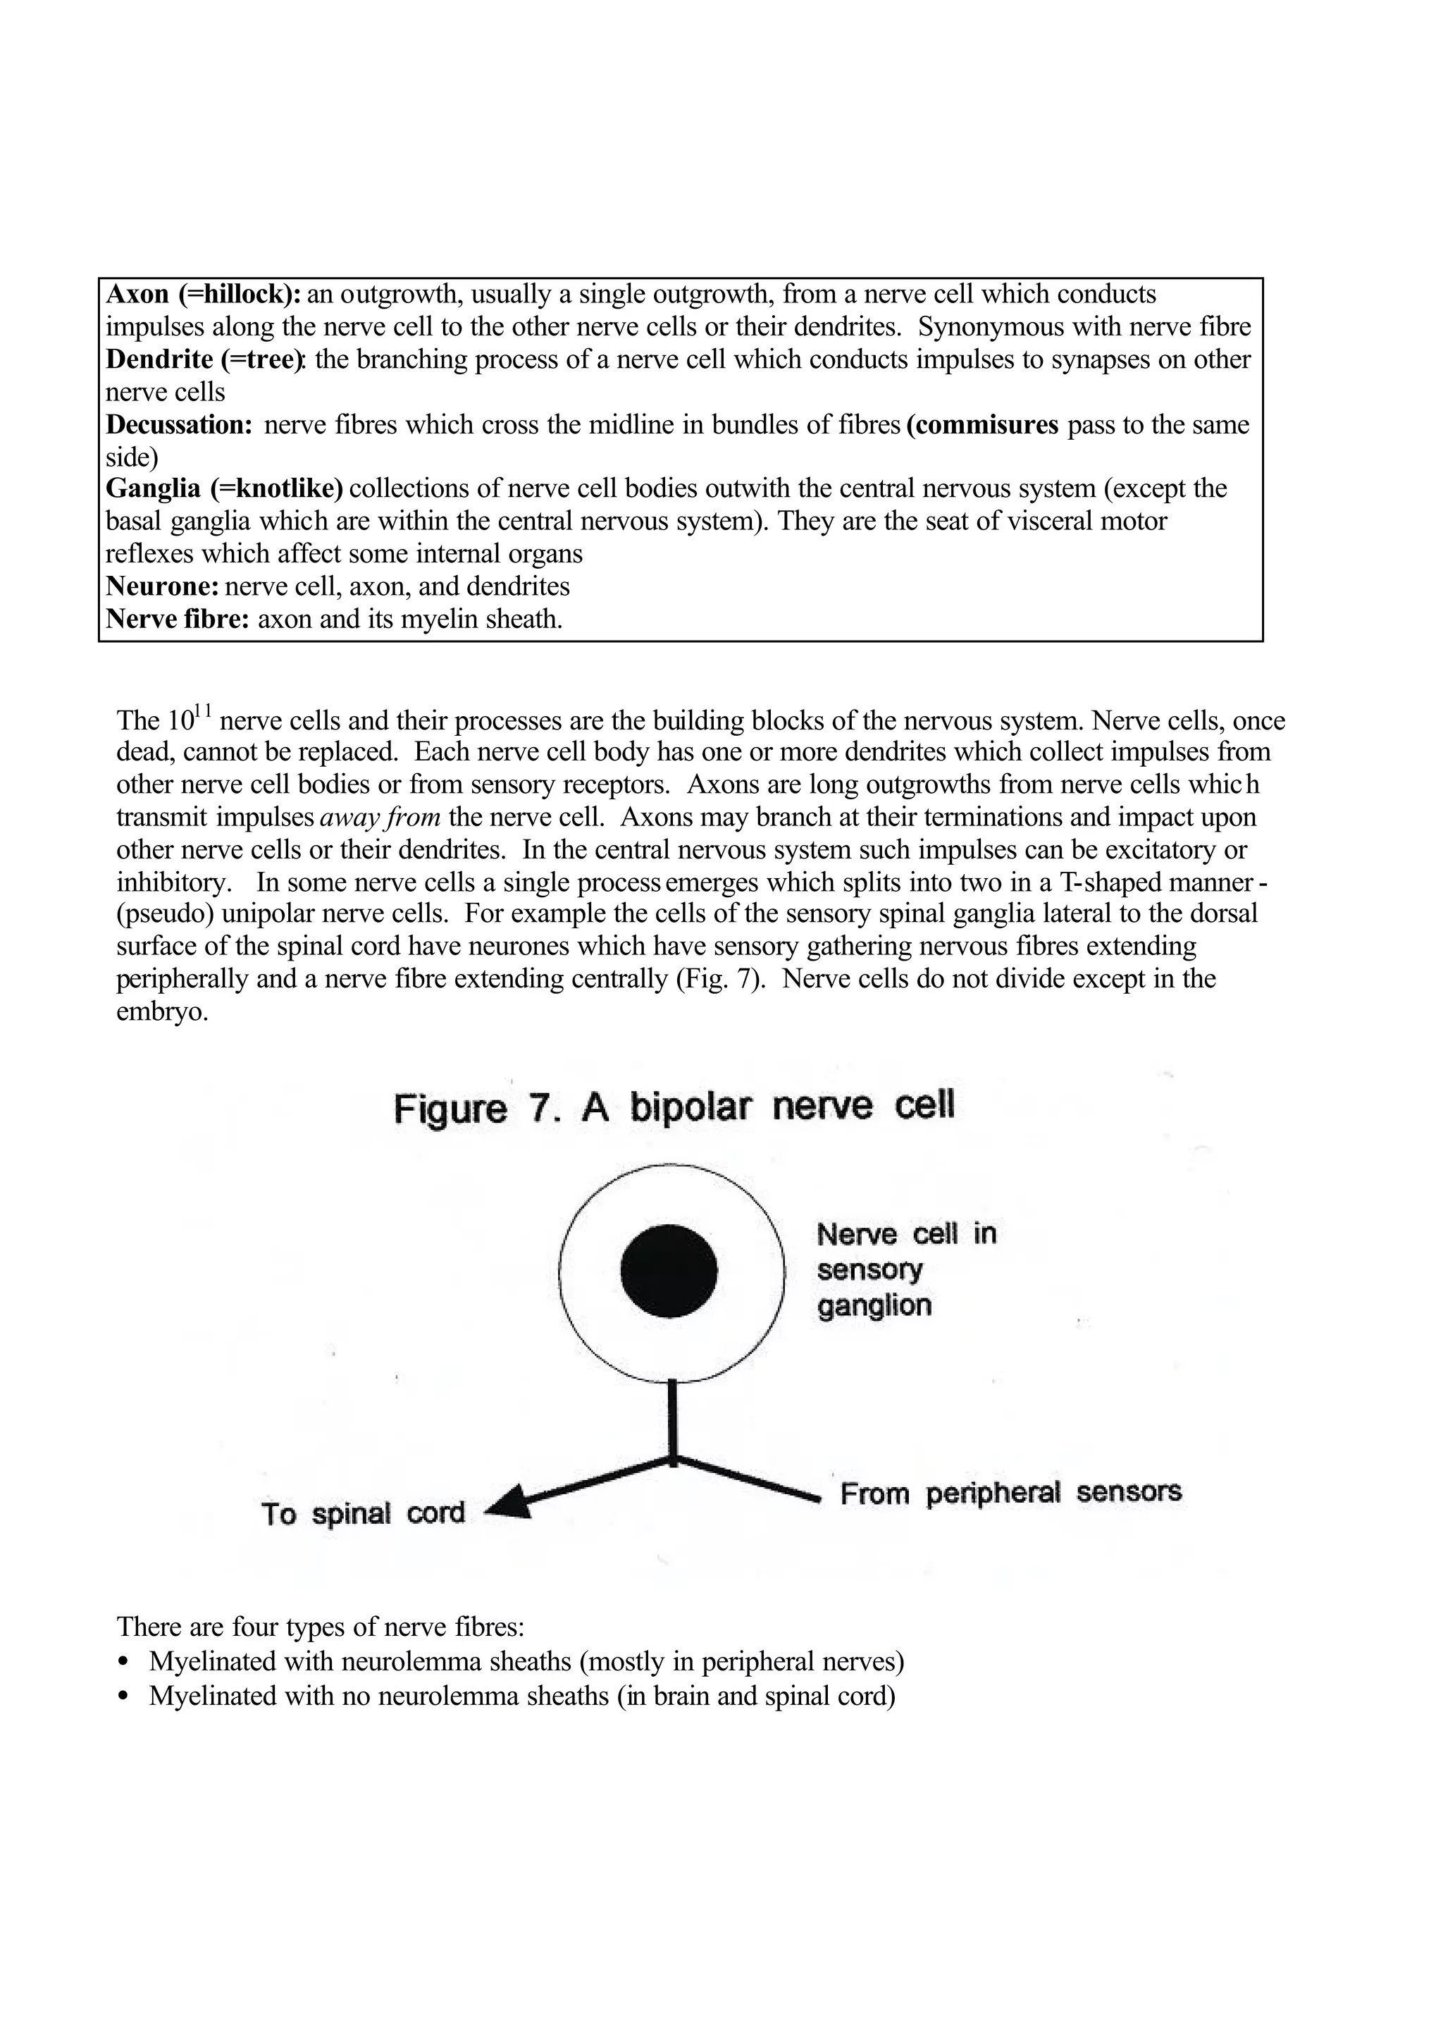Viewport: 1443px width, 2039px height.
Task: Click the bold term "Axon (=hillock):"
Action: (204, 294)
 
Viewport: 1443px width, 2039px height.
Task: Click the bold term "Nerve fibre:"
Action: (178, 619)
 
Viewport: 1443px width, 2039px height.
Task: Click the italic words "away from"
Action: (379, 817)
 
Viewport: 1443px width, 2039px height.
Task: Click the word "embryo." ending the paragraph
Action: (163, 1011)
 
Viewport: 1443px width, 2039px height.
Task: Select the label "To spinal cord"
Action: (363, 1513)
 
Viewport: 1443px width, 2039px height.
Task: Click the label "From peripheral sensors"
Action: (1010, 1492)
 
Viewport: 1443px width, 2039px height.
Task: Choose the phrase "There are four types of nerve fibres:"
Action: (321, 1627)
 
